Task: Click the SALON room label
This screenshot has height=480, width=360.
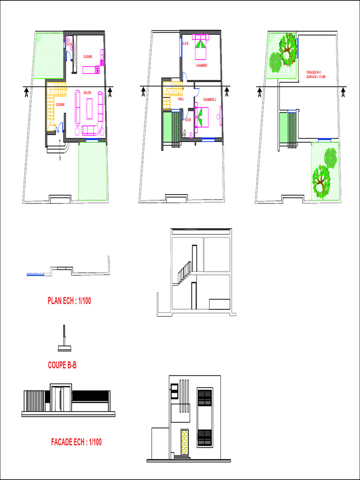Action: tap(87, 93)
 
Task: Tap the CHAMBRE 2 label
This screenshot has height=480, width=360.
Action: tap(209, 99)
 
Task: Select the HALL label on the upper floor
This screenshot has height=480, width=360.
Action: tap(180, 99)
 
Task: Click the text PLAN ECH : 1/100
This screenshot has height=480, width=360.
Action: tap(69, 301)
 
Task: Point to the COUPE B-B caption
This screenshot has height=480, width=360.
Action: tap(62, 365)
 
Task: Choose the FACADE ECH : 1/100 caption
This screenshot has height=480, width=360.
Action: tap(76, 442)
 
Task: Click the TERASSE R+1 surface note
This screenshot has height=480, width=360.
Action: tap(315, 75)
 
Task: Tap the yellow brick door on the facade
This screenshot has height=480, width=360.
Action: tap(185, 442)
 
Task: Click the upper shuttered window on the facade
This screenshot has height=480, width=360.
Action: tap(205, 397)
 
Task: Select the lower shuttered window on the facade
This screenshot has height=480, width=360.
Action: tap(205, 438)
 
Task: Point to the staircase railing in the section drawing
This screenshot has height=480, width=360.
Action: tap(185, 272)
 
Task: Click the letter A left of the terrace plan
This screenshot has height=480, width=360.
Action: tap(259, 93)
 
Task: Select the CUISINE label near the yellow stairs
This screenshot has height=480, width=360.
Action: tap(60, 105)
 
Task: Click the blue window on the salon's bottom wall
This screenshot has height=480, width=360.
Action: tap(92, 141)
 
